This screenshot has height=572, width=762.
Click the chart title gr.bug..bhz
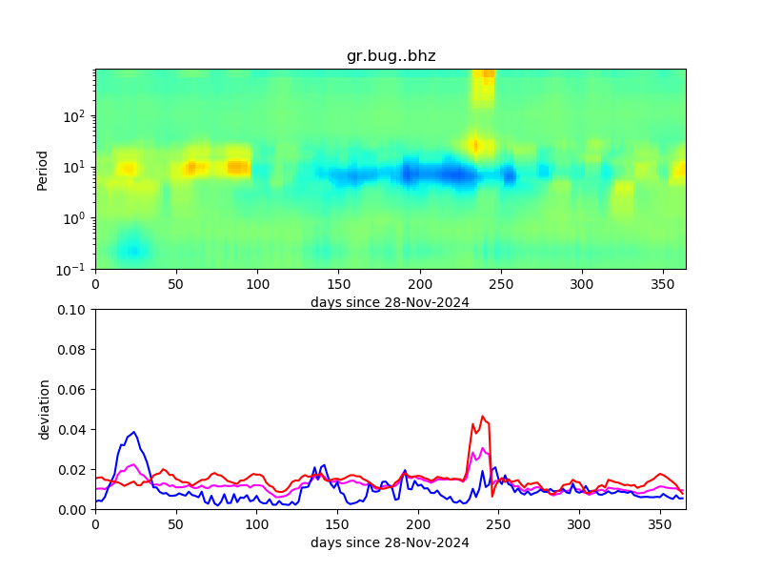(391, 56)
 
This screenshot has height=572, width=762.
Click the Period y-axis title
(42, 169)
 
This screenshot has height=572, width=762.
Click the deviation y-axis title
(44, 409)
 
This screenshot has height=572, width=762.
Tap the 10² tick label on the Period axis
(76, 116)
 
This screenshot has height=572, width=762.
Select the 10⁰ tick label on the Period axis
(76, 218)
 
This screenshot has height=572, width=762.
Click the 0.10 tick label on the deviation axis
(74, 310)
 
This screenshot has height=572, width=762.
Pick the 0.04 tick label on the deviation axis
(74, 430)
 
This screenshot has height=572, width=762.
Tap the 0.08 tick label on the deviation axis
(74, 350)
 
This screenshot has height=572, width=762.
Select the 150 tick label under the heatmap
(337, 284)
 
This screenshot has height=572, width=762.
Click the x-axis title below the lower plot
(390, 542)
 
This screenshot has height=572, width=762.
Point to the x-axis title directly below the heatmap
(390, 302)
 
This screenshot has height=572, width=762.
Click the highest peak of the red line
(483, 417)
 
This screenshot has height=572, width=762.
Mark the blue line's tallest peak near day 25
(134, 432)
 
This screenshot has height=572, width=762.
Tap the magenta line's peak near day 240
(483, 448)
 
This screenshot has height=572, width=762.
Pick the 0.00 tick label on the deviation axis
(74, 510)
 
